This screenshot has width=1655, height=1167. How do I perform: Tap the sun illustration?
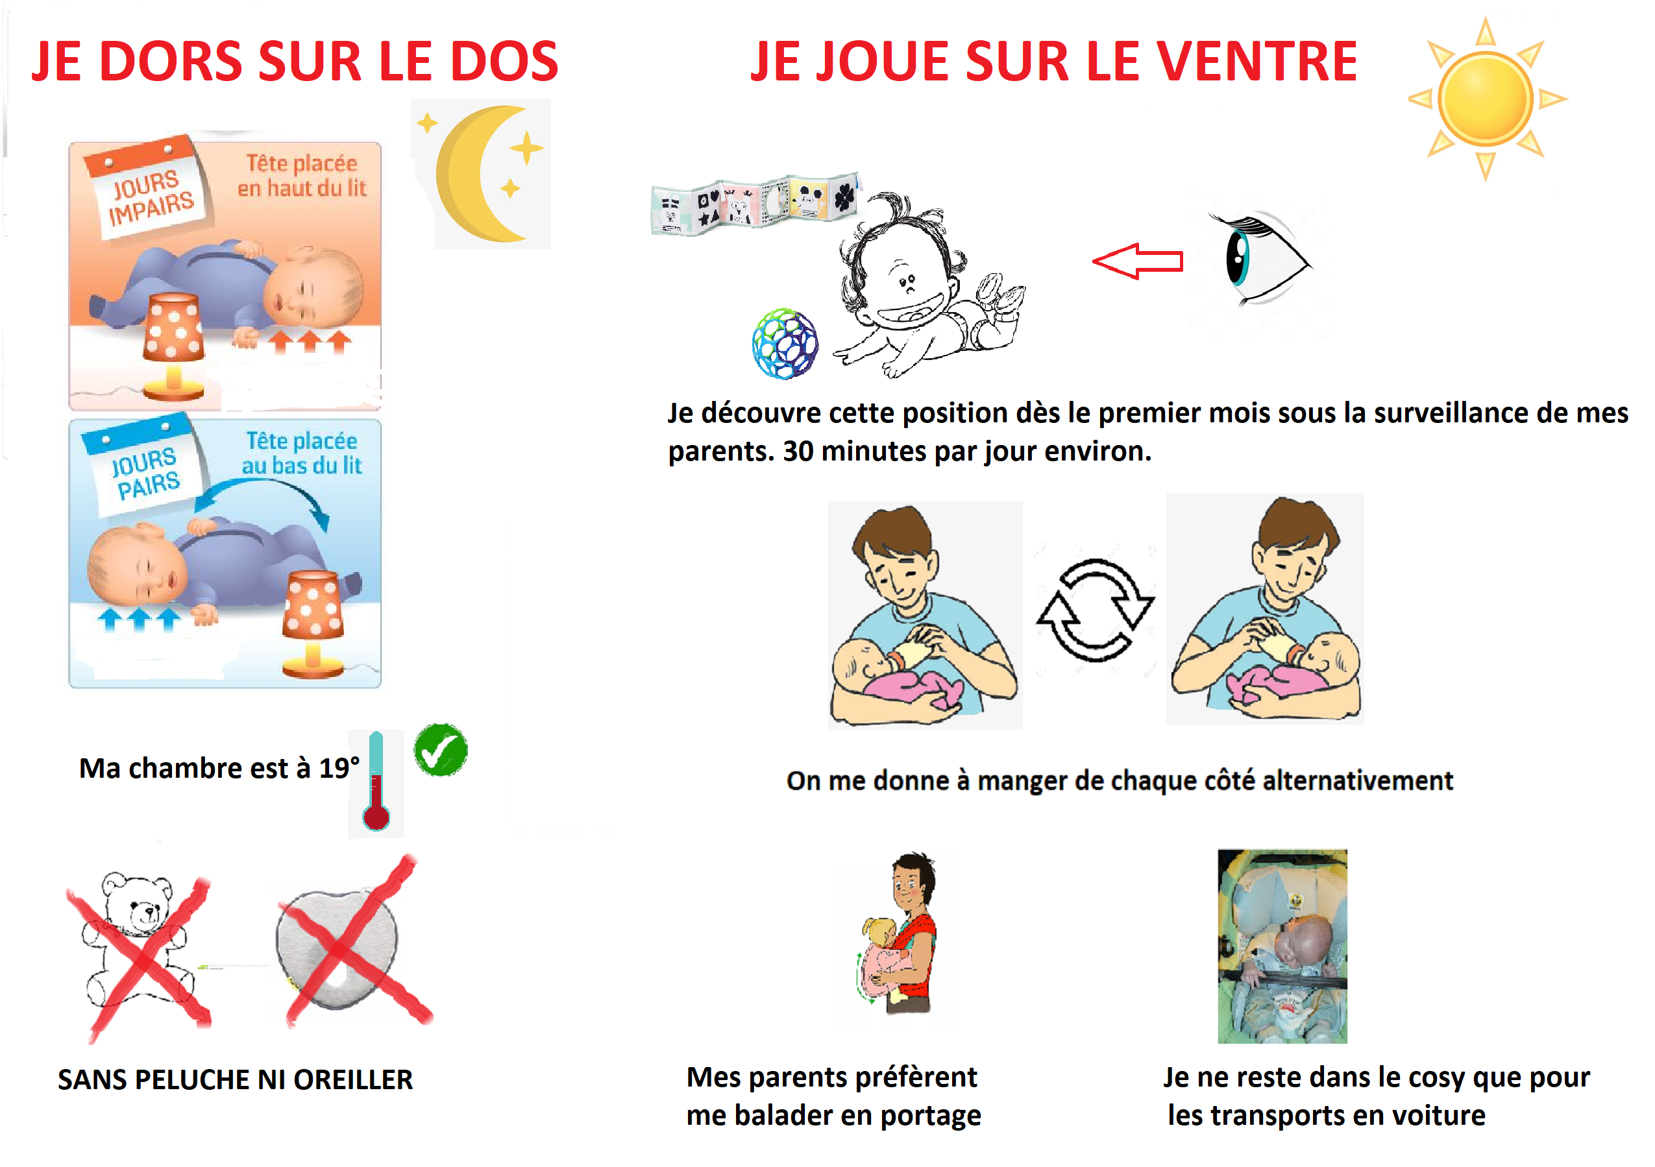coord(1486,99)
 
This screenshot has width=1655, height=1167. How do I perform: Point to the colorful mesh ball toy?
coord(784,344)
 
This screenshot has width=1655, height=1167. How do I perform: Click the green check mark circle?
coord(441,750)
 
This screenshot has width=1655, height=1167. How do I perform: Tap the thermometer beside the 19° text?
coord(376,782)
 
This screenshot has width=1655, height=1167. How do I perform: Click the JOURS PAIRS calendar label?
coord(144,472)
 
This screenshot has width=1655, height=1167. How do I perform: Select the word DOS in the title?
coord(504,61)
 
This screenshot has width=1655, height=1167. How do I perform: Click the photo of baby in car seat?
coord(1282,946)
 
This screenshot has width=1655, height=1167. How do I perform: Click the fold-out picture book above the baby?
coord(754,204)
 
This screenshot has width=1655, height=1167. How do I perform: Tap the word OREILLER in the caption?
coord(353,1079)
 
